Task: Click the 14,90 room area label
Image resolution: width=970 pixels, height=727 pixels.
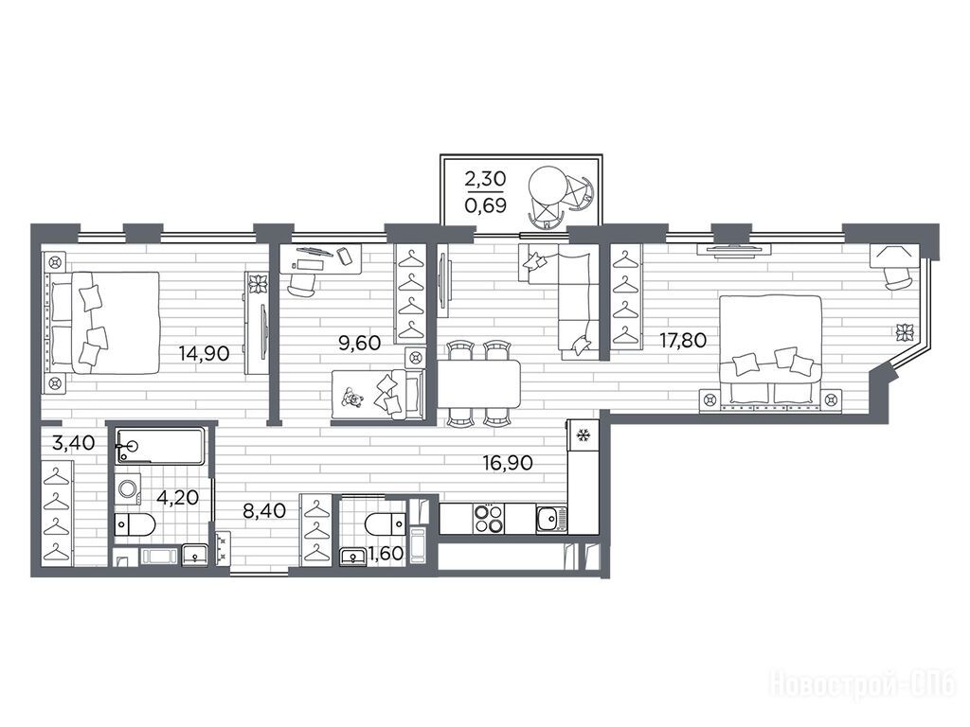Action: coord(205,354)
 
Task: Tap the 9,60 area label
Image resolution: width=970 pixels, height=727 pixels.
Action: coord(359,342)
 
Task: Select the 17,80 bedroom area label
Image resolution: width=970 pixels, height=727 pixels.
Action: coord(683,340)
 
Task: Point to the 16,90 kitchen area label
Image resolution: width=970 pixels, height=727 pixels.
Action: coord(508,462)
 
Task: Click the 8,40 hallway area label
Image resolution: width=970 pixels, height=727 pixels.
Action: coord(265,510)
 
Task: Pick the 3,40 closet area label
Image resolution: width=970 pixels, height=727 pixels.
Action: coord(74,443)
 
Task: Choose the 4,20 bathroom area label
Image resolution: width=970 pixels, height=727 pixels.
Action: coord(177,497)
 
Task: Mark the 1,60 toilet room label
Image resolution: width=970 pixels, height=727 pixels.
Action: coord(386,553)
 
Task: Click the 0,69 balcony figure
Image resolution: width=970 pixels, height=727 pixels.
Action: coord(486,204)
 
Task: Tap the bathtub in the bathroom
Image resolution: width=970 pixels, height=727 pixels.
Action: coord(159,446)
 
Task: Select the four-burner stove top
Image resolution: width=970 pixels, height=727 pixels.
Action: coord(488,518)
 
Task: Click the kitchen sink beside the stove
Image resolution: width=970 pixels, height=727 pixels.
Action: coord(551,518)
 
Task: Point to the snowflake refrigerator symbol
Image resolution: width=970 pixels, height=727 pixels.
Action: coord(583,435)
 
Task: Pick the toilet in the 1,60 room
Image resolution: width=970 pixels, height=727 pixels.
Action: coord(386,524)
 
